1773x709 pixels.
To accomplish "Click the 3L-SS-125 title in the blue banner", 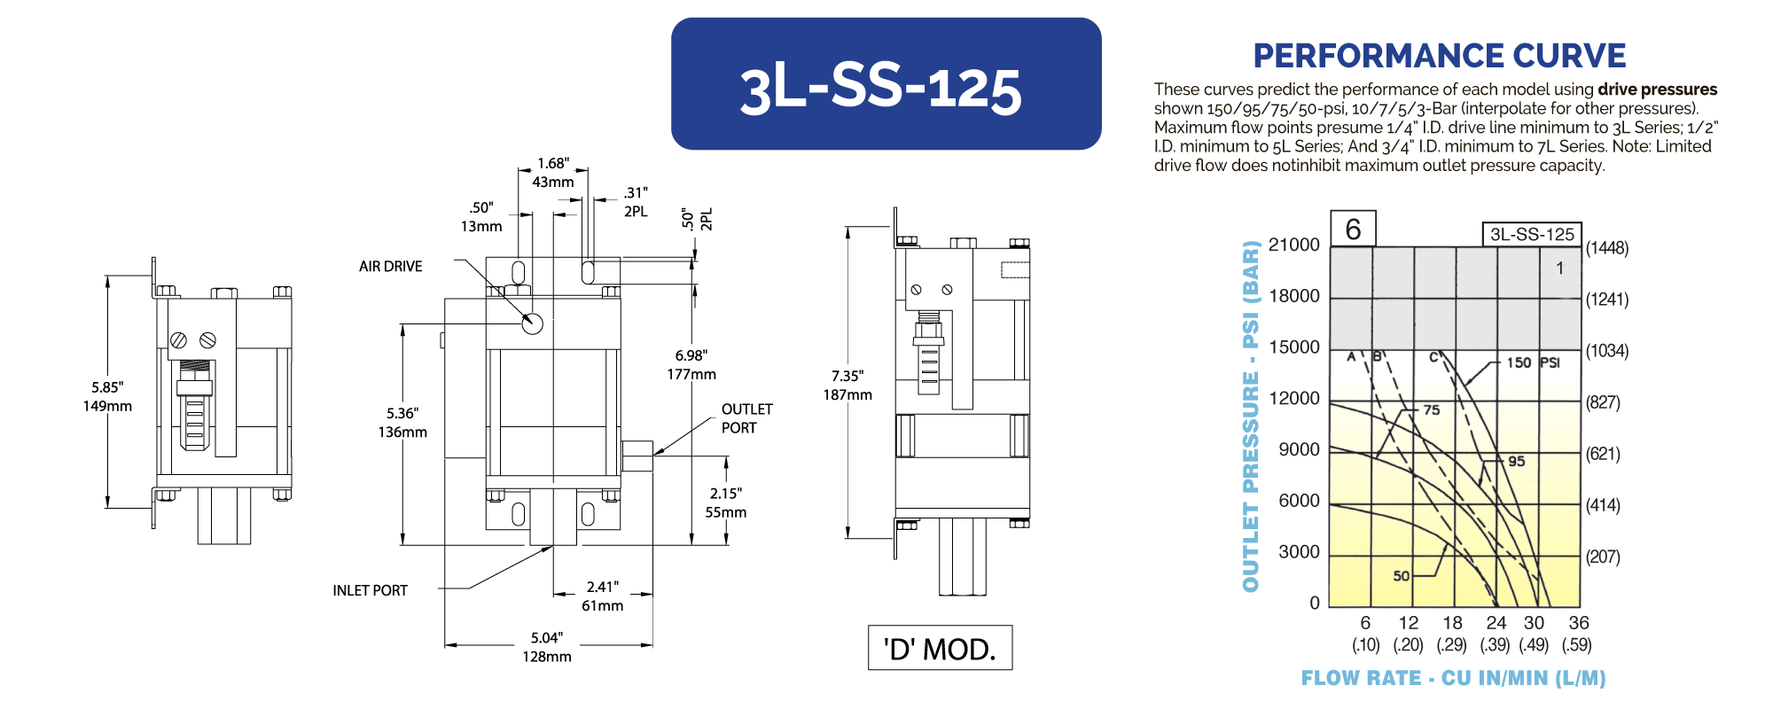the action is pos(880,89).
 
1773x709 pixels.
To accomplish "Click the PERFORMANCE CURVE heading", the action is pos(1440,56).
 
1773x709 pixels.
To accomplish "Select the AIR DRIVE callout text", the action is pos(390,266).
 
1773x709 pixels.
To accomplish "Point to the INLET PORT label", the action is pos(370,590).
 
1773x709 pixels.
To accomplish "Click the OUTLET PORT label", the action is pos(746,418).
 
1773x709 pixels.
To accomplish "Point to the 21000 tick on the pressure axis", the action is pos(1294,245).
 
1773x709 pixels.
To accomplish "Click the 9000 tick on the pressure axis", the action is pos(1299,449).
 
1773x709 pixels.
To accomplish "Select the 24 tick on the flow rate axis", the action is pos(1496,623).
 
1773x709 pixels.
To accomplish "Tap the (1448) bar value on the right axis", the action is pos(1607,248).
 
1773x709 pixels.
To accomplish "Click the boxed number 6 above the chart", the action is pos(1353,229).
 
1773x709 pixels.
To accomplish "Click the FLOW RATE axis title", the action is pos(1454,678).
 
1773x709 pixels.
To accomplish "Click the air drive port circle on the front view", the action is pos(532,323).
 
